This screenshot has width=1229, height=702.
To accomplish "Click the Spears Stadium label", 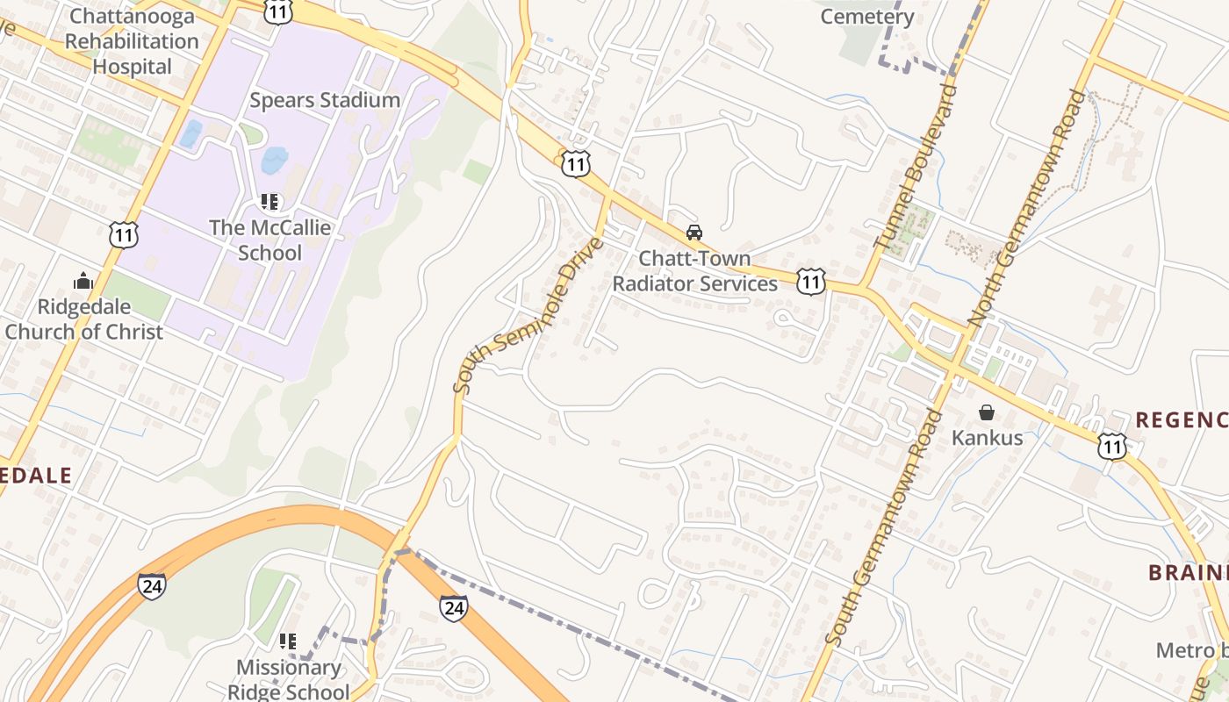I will point(325,100).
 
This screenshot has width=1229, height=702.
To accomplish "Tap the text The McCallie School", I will point(270,240).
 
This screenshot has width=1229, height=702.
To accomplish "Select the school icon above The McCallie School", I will point(270,203).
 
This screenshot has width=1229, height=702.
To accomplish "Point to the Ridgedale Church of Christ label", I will point(84,319).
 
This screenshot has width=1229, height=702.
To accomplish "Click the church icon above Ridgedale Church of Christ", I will point(83,281).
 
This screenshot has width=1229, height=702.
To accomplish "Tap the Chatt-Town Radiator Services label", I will point(694,271).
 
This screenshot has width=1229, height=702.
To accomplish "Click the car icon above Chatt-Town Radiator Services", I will point(694,233).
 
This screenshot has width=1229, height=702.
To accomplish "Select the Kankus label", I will point(988,437).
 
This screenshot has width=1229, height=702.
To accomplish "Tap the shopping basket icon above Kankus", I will point(987,412).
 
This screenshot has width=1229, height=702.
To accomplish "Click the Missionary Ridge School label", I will point(288,679).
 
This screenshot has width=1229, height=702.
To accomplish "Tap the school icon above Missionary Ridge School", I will point(287,641).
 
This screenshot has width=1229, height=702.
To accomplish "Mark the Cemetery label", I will point(867,16).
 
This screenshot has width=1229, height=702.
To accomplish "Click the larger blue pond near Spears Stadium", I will point(274,160).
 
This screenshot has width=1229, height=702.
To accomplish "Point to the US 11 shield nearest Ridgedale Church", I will point(124,233).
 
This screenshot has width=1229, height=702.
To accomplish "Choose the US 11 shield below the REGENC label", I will point(1111,447).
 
